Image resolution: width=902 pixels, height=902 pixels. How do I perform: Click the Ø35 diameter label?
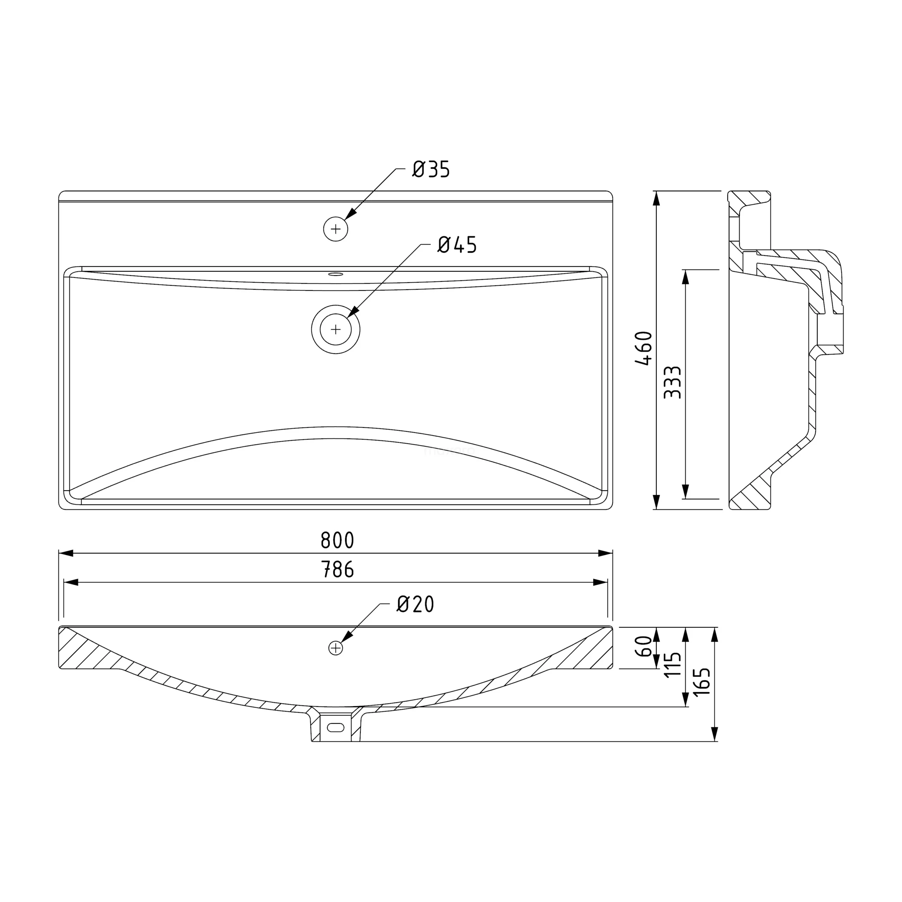point(431,169)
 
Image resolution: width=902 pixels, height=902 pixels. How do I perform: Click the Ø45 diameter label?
point(457,245)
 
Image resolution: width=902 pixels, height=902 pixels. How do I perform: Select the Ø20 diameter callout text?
point(415,604)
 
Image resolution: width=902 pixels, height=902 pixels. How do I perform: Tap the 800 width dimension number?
point(337,540)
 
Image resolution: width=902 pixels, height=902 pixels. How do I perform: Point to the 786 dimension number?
point(337,570)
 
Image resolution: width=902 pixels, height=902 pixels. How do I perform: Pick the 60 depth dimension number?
point(644,646)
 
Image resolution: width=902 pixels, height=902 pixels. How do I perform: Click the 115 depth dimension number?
point(672,665)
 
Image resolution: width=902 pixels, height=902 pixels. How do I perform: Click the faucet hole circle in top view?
point(336,229)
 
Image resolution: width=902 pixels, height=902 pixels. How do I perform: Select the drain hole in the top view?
point(336,329)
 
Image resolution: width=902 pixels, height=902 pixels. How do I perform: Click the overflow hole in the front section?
point(336,648)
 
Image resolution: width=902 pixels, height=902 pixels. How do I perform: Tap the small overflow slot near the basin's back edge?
point(336,274)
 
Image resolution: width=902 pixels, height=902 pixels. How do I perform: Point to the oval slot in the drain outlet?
point(336,727)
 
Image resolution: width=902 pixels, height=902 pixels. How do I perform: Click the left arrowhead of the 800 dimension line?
point(66,553)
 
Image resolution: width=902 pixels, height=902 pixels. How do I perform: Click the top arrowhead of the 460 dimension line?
point(656,198)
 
